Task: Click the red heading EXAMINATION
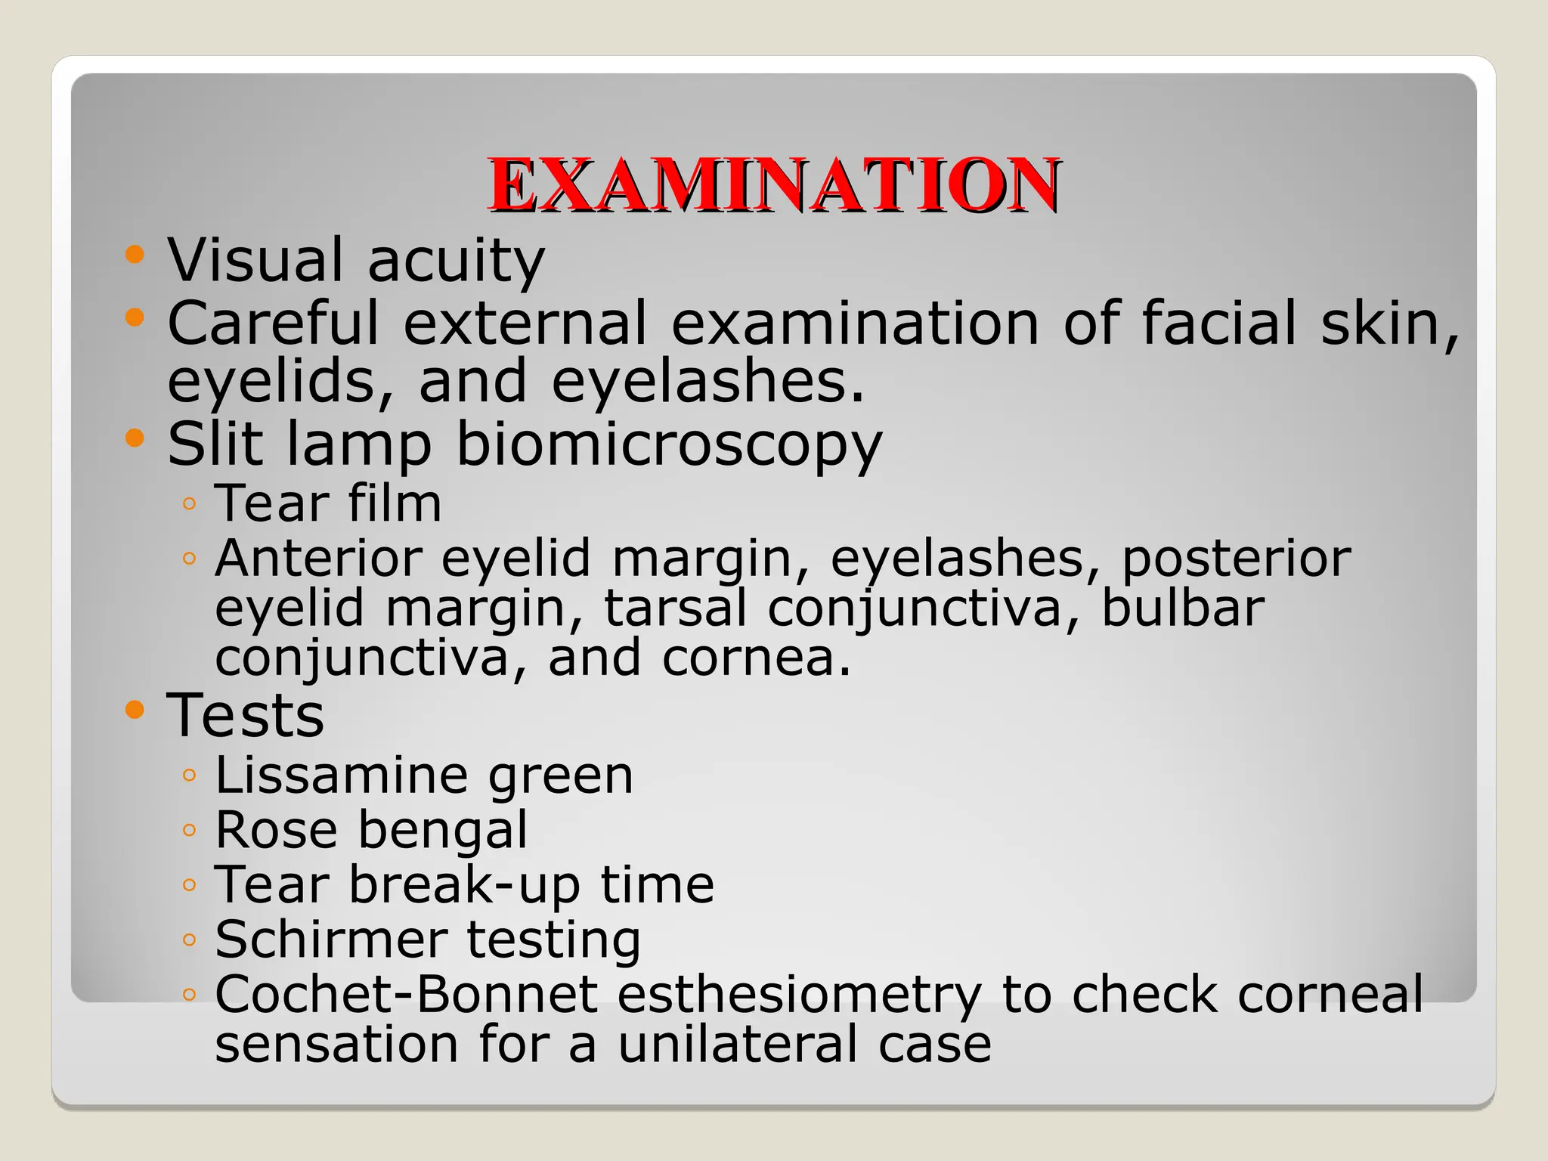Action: [773, 185]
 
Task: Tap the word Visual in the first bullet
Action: [255, 260]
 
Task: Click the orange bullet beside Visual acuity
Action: [135, 254]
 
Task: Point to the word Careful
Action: [273, 323]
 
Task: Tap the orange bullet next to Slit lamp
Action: [135, 438]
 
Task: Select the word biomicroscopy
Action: [669, 444]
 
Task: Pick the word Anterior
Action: [318, 559]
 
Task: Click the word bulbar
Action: [1182, 608]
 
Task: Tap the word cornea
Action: [756, 658]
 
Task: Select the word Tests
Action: [246, 715]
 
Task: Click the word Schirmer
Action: [331, 940]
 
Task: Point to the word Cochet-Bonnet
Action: [407, 994]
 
